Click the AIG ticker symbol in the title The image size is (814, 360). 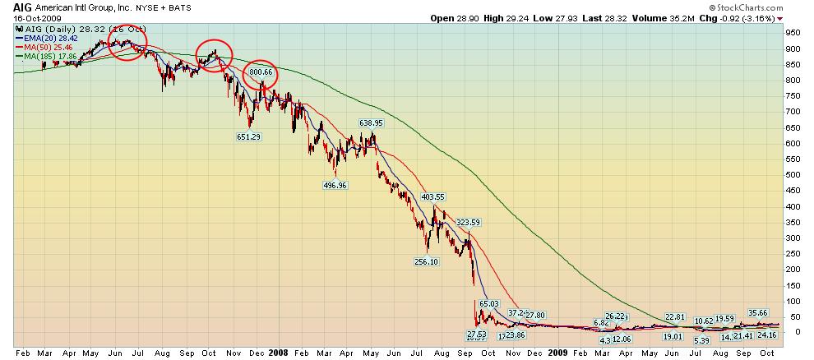click(11, 7)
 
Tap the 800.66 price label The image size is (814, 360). click(261, 72)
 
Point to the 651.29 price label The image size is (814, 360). click(248, 136)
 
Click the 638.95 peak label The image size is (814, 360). click(372, 122)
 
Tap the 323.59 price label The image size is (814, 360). click(468, 222)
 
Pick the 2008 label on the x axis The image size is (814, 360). click(278, 352)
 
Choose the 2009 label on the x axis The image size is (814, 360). click(557, 352)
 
